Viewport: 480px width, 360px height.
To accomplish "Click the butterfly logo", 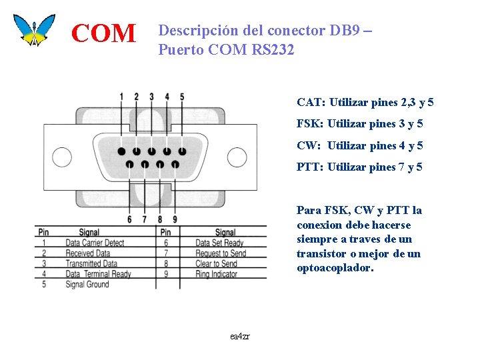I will click(34, 29).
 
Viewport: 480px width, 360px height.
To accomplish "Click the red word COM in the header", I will click(103, 33).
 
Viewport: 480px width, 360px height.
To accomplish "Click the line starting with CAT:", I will click(365, 103).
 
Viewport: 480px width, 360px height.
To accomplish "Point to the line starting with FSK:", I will click(359, 124).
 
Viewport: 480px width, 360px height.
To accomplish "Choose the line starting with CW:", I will click(359, 145).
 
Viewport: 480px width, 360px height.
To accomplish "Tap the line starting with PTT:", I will click(359, 167).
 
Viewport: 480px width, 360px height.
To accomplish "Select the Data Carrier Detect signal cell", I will click(95, 243).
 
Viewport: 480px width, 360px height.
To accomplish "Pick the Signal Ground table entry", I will click(87, 285).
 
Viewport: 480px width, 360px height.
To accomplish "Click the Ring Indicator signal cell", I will click(216, 274).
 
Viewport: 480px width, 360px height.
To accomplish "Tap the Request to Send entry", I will click(221, 253).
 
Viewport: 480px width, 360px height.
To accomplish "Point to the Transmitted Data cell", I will click(91, 264).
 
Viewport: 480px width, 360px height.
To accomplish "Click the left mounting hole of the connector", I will click(62, 157).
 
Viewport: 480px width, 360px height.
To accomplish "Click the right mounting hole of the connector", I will click(237, 157).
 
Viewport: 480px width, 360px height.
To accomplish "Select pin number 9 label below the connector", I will click(175, 219).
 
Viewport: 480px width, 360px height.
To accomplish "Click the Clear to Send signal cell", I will click(217, 264).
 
